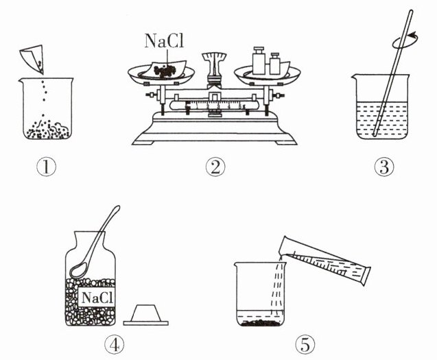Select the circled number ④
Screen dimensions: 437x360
[x=97, y=341]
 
